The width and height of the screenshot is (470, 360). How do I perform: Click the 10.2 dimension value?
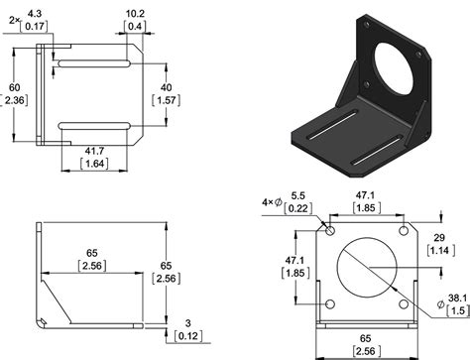[135, 14]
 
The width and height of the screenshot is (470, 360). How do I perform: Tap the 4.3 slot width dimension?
[35, 14]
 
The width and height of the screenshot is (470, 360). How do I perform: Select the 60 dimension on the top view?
[14, 87]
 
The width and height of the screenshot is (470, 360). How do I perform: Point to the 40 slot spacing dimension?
[166, 87]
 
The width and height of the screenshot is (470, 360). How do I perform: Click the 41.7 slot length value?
[94, 151]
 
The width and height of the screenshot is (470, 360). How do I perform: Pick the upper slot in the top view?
[94, 63]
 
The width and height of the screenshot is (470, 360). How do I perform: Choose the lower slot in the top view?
[94, 126]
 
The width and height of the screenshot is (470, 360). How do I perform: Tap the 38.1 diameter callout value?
[457, 299]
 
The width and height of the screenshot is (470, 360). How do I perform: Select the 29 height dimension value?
[439, 238]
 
